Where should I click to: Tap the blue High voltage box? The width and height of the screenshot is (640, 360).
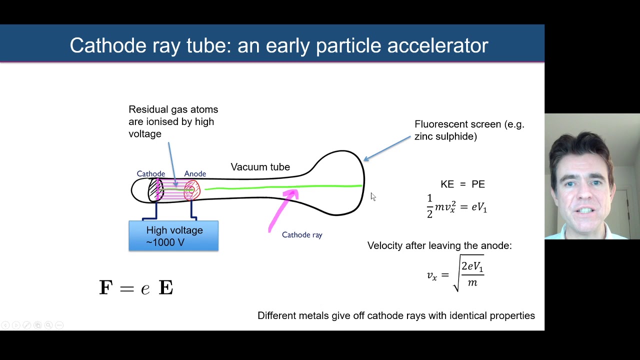(173, 236)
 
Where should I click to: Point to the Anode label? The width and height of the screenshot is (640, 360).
(195, 173)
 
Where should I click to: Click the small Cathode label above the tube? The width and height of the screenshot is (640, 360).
(150, 173)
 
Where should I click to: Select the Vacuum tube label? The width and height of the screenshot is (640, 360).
(260, 167)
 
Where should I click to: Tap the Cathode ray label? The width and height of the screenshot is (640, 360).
(302, 234)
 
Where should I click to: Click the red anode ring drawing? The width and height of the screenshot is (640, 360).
(191, 190)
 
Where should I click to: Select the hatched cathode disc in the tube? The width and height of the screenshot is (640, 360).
(155, 190)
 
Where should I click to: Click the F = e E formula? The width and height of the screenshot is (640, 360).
(136, 287)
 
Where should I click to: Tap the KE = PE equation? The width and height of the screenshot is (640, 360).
(462, 184)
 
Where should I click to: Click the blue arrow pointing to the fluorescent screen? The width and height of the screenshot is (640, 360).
(387, 148)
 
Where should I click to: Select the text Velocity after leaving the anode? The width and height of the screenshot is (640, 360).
(439, 245)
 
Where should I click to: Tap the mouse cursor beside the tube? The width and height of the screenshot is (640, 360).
(373, 196)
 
